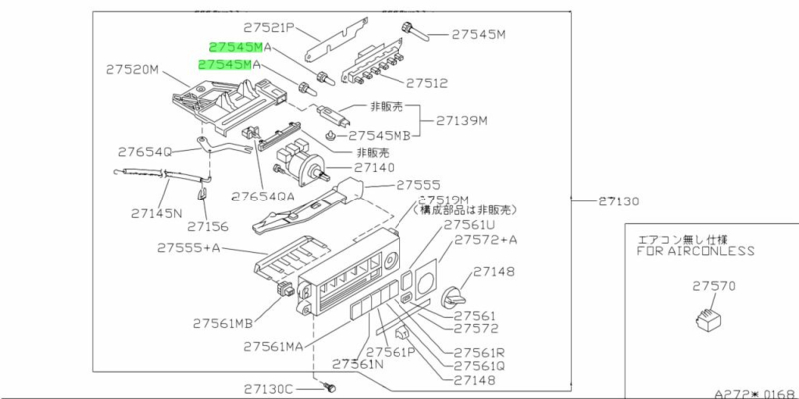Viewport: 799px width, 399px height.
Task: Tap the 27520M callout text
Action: tap(133, 69)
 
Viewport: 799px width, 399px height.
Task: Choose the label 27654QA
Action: tap(264, 196)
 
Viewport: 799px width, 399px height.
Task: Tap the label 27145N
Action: tap(158, 212)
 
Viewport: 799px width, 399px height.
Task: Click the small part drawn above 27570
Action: tap(710, 320)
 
